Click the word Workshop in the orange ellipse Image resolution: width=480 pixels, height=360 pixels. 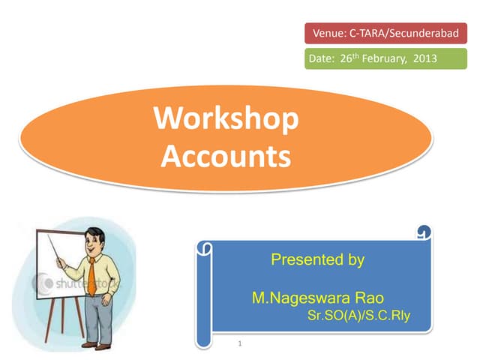tap(226, 121)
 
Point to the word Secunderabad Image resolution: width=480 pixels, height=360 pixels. tap(429, 34)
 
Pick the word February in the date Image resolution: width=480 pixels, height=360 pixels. tap(384, 58)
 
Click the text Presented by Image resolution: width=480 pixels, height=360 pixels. tap(317, 260)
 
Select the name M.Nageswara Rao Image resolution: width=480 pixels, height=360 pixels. tap(318, 298)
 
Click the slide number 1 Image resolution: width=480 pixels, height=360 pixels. tap(238, 344)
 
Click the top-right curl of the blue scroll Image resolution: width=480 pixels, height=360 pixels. tap(424, 234)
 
